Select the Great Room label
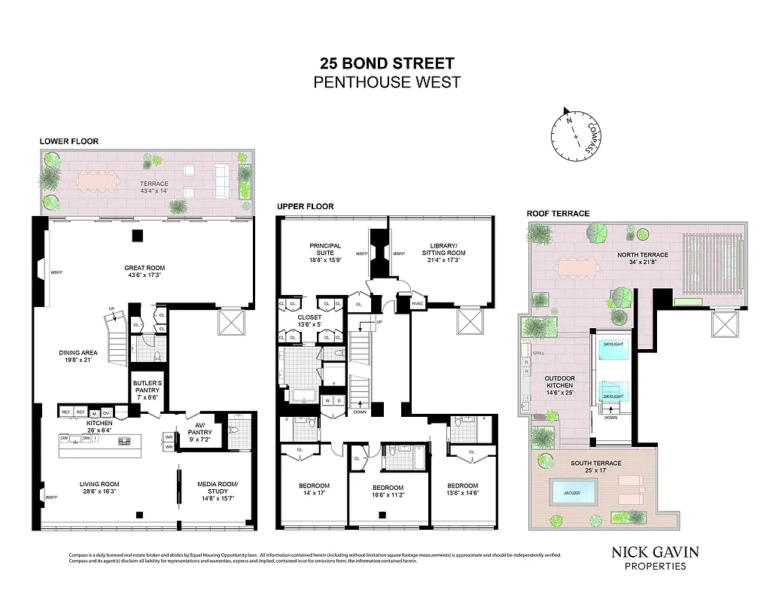145,272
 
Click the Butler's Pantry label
148,388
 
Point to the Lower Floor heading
69,141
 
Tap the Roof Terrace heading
558,214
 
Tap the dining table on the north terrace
577,266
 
